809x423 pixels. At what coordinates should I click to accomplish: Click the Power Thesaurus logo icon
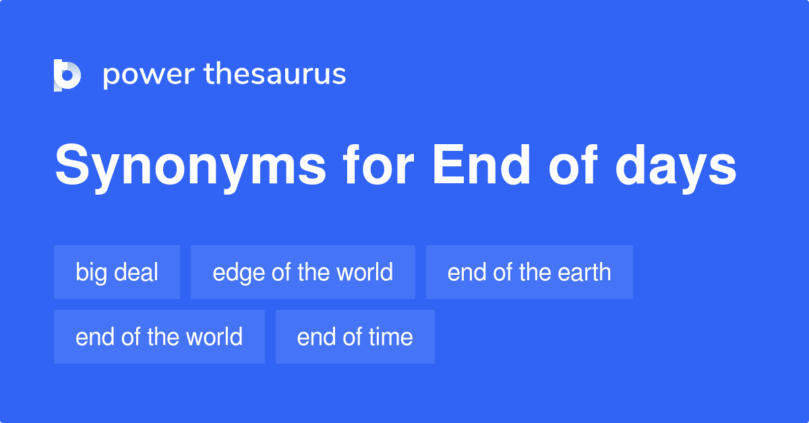[67, 75]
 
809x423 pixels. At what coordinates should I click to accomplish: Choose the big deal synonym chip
[117, 272]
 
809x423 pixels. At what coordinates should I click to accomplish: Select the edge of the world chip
[303, 272]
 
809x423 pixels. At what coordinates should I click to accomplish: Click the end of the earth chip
[529, 272]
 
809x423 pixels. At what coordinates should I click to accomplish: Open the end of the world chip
[159, 337]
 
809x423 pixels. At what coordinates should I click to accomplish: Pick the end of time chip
[355, 337]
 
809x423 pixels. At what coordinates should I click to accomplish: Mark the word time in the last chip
[390, 337]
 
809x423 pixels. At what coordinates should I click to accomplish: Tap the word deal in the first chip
[136, 272]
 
